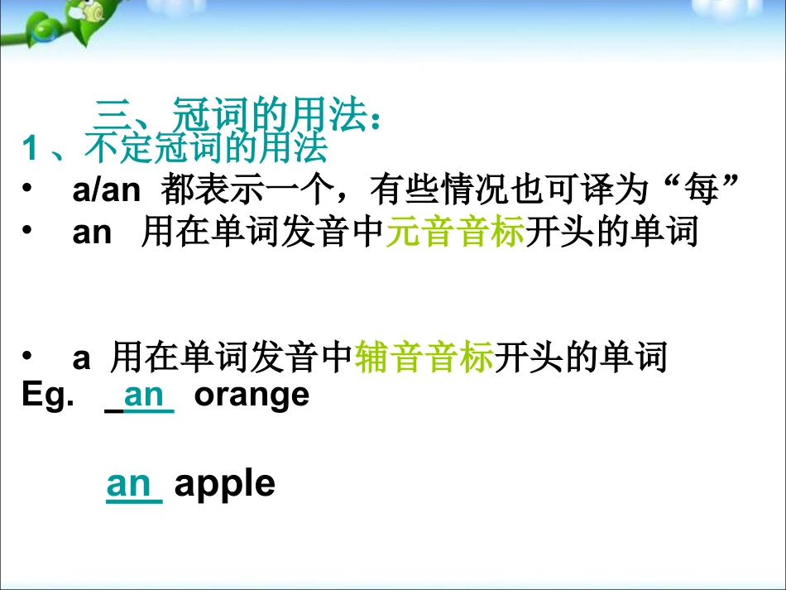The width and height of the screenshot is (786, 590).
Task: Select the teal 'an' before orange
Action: (144, 396)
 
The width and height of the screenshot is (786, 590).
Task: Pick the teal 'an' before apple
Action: (128, 485)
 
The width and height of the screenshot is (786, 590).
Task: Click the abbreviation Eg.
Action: (48, 396)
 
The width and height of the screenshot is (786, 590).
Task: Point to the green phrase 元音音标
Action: (456, 231)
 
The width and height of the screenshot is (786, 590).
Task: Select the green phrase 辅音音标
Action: (424, 357)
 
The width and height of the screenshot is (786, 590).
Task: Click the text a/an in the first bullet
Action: (106, 190)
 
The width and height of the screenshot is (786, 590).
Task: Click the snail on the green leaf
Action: (90, 12)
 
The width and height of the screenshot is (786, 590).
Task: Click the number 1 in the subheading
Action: (30, 148)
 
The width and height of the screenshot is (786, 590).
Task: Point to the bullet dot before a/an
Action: (26, 188)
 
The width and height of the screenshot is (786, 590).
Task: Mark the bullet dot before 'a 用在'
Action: (26, 355)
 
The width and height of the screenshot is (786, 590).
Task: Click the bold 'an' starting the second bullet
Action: (92, 233)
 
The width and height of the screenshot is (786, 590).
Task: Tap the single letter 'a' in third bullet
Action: (81, 359)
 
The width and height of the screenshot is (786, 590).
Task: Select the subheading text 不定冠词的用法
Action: (206, 147)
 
